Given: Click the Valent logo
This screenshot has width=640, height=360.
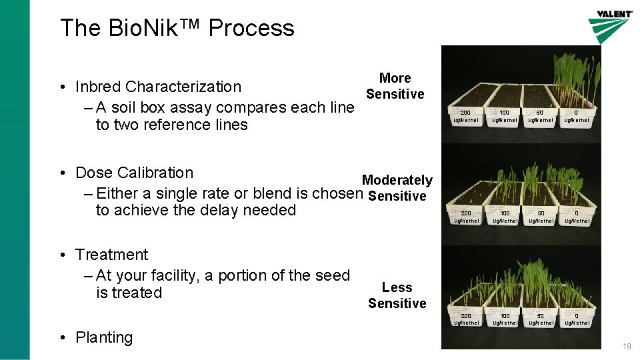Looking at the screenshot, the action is (610, 25).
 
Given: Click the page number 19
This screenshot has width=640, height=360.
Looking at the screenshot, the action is (626, 347).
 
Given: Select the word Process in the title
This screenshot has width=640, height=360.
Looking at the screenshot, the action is (251, 28).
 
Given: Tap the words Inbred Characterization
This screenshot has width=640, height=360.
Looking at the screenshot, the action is (158, 87).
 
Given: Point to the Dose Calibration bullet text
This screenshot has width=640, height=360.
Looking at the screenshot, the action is (134, 173).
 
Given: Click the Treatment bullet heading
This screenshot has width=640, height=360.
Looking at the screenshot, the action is (112, 255).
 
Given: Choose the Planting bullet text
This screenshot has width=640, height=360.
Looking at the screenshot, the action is (104, 337).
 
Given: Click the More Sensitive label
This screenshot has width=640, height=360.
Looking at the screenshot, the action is (395, 86).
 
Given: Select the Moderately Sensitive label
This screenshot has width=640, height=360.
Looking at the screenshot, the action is (397, 188).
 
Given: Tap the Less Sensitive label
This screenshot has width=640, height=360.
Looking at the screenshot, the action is (397, 295).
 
